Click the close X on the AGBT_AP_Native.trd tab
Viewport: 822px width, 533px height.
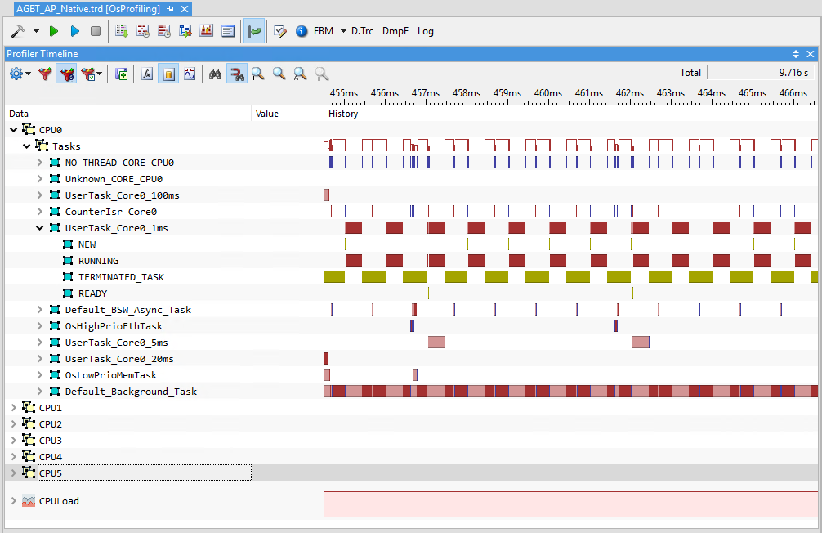185,9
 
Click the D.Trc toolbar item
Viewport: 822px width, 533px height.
362,31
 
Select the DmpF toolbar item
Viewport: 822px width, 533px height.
395,31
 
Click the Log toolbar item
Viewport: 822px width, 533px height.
426,31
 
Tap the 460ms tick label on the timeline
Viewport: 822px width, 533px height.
548,93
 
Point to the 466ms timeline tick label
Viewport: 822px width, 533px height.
793,93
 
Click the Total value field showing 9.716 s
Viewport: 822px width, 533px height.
759,73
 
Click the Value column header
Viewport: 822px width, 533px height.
267,114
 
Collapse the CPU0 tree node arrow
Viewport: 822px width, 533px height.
14,130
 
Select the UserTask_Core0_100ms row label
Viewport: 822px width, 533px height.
122,195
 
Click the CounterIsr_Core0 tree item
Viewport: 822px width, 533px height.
110,212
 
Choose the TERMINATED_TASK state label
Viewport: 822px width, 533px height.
121,277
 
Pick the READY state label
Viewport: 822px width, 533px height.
92,293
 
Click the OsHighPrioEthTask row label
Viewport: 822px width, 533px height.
114,326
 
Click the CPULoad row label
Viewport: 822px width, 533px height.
59,501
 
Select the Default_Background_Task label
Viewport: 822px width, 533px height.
131,392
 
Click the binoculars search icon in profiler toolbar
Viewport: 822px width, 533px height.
215,74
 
